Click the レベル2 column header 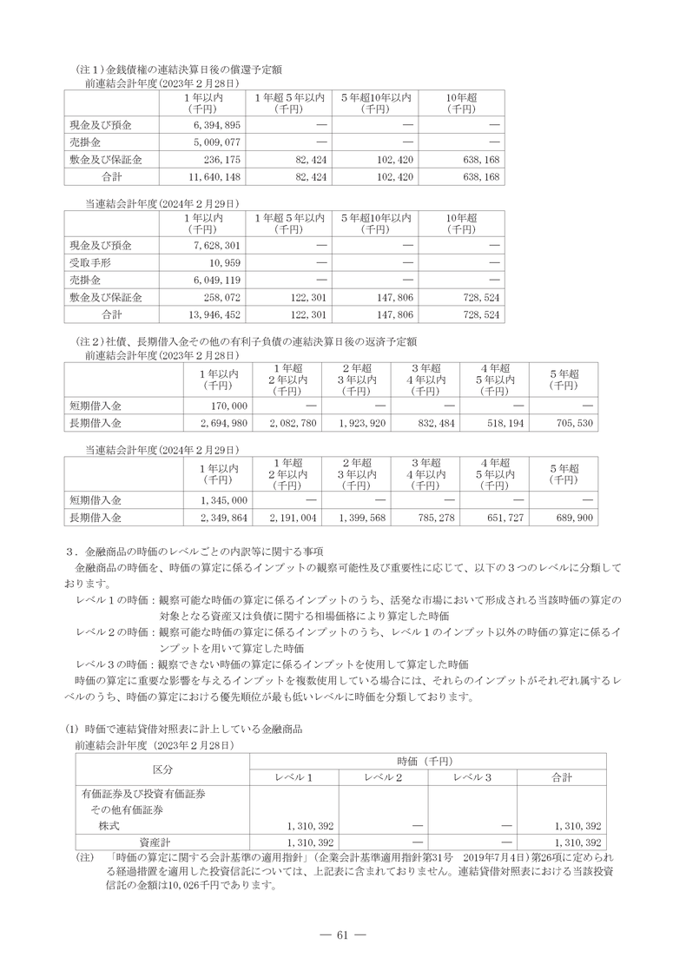coord(383,777)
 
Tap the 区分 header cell coord(162,770)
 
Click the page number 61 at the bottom coord(342,935)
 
